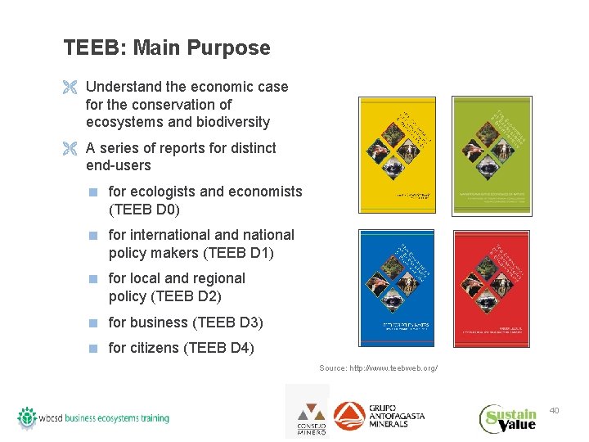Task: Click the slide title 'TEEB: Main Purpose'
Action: coord(167,47)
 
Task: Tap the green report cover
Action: coord(492,156)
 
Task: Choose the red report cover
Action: coord(492,288)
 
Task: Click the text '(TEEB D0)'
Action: coord(144,209)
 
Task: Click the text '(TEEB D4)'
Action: coord(219,348)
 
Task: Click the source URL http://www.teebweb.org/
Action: coord(378,368)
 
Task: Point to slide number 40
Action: coord(554,409)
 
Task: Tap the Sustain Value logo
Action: coord(508,417)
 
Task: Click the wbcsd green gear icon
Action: coord(27,417)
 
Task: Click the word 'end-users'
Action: coord(119,165)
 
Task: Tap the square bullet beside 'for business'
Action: coord(94,322)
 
